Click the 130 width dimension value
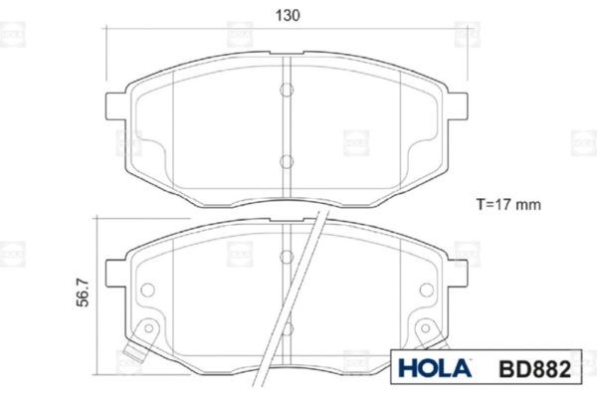tap(288, 16)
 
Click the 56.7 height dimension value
tap(83, 293)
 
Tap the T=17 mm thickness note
tap(508, 205)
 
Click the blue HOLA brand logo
tap(435, 368)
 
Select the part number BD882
tap(534, 369)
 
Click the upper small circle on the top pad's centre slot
tap(287, 90)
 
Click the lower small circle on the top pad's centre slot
tap(287, 161)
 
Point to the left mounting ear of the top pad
tap(115, 105)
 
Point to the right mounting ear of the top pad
tap(458, 105)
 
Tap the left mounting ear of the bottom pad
tap(115, 273)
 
